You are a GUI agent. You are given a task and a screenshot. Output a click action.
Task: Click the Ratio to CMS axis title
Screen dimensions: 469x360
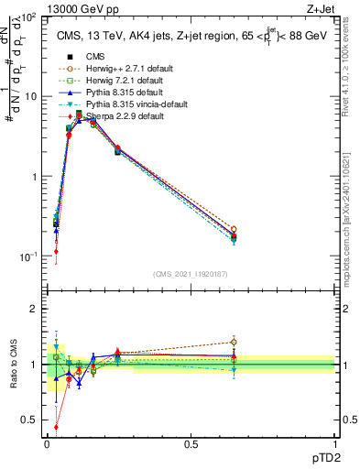pyautogui.click(x=13, y=363)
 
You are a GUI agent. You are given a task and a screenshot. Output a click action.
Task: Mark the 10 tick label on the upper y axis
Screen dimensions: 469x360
pyautogui.click(x=31, y=96)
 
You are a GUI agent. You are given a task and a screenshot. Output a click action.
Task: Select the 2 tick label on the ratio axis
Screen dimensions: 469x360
pyautogui.click(x=36, y=309)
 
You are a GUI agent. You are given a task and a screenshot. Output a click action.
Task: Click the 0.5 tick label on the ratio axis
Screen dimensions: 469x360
pyautogui.click(x=31, y=420)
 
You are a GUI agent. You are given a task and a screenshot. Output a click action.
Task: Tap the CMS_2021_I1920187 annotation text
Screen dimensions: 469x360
pyautogui.click(x=191, y=274)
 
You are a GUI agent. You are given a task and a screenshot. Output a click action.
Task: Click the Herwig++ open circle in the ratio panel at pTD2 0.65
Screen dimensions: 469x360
pyautogui.click(x=234, y=343)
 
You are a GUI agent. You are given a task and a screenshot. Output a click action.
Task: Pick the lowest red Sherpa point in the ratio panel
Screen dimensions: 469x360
pyautogui.click(x=57, y=427)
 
